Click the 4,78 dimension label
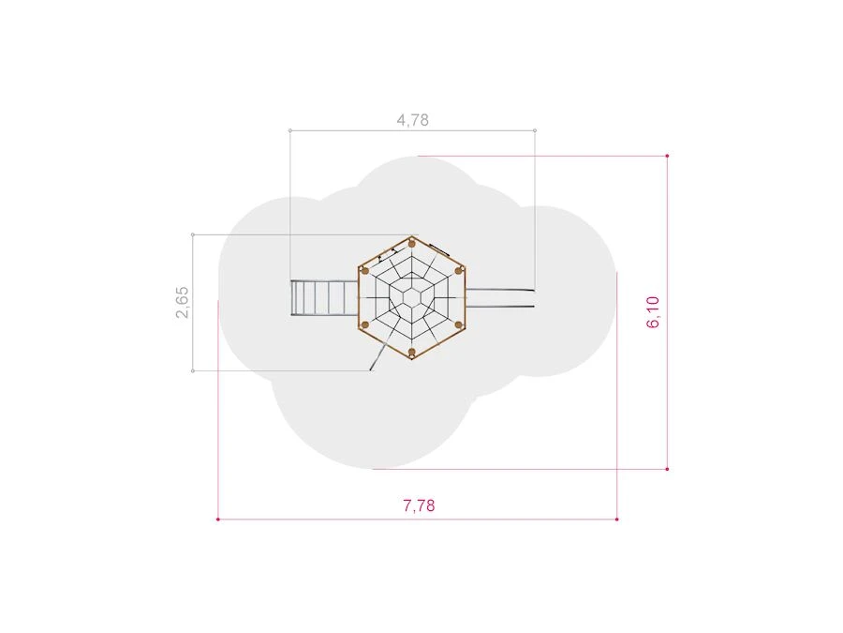412,119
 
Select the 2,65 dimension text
183,302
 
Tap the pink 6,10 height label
653,311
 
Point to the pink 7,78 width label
419,505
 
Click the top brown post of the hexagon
412,244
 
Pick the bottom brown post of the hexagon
412,353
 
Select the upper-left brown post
365,271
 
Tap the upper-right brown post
459,271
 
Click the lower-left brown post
365,324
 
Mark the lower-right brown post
459,324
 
